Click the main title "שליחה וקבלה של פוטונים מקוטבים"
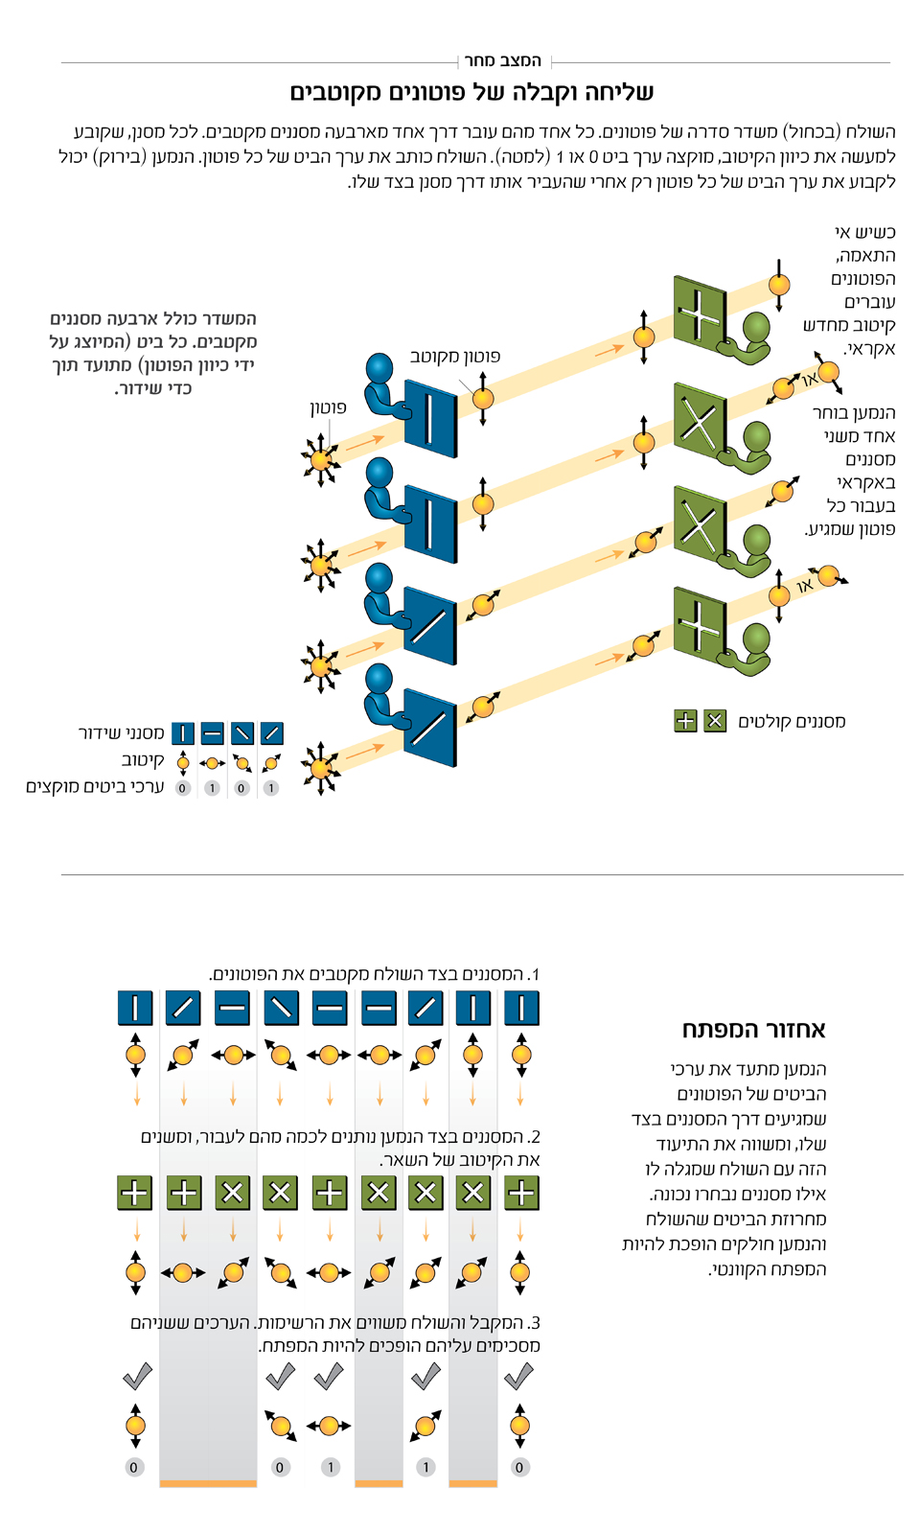(x=471, y=92)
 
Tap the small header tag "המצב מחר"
(x=502, y=61)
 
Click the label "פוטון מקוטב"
(x=455, y=357)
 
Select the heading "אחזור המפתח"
(x=753, y=1030)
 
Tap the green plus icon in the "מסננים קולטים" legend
(x=685, y=721)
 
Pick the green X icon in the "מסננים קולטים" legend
(x=715, y=721)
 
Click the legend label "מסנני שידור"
(x=122, y=733)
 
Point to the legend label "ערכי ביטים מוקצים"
(x=95, y=787)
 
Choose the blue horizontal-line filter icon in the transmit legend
(x=213, y=734)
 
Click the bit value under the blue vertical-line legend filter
(x=183, y=788)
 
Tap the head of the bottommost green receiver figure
(x=756, y=637)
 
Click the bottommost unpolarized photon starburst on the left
(x=320, y=767)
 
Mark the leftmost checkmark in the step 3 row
(x=137, y=1378)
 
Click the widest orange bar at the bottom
(x=208, y=1483)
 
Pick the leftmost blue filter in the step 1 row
(x=135, y=1009)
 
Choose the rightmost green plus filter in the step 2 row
(x=520, y=1193)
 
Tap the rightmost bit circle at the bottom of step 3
(x=519, y=1467)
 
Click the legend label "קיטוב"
(x=143, y=760)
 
